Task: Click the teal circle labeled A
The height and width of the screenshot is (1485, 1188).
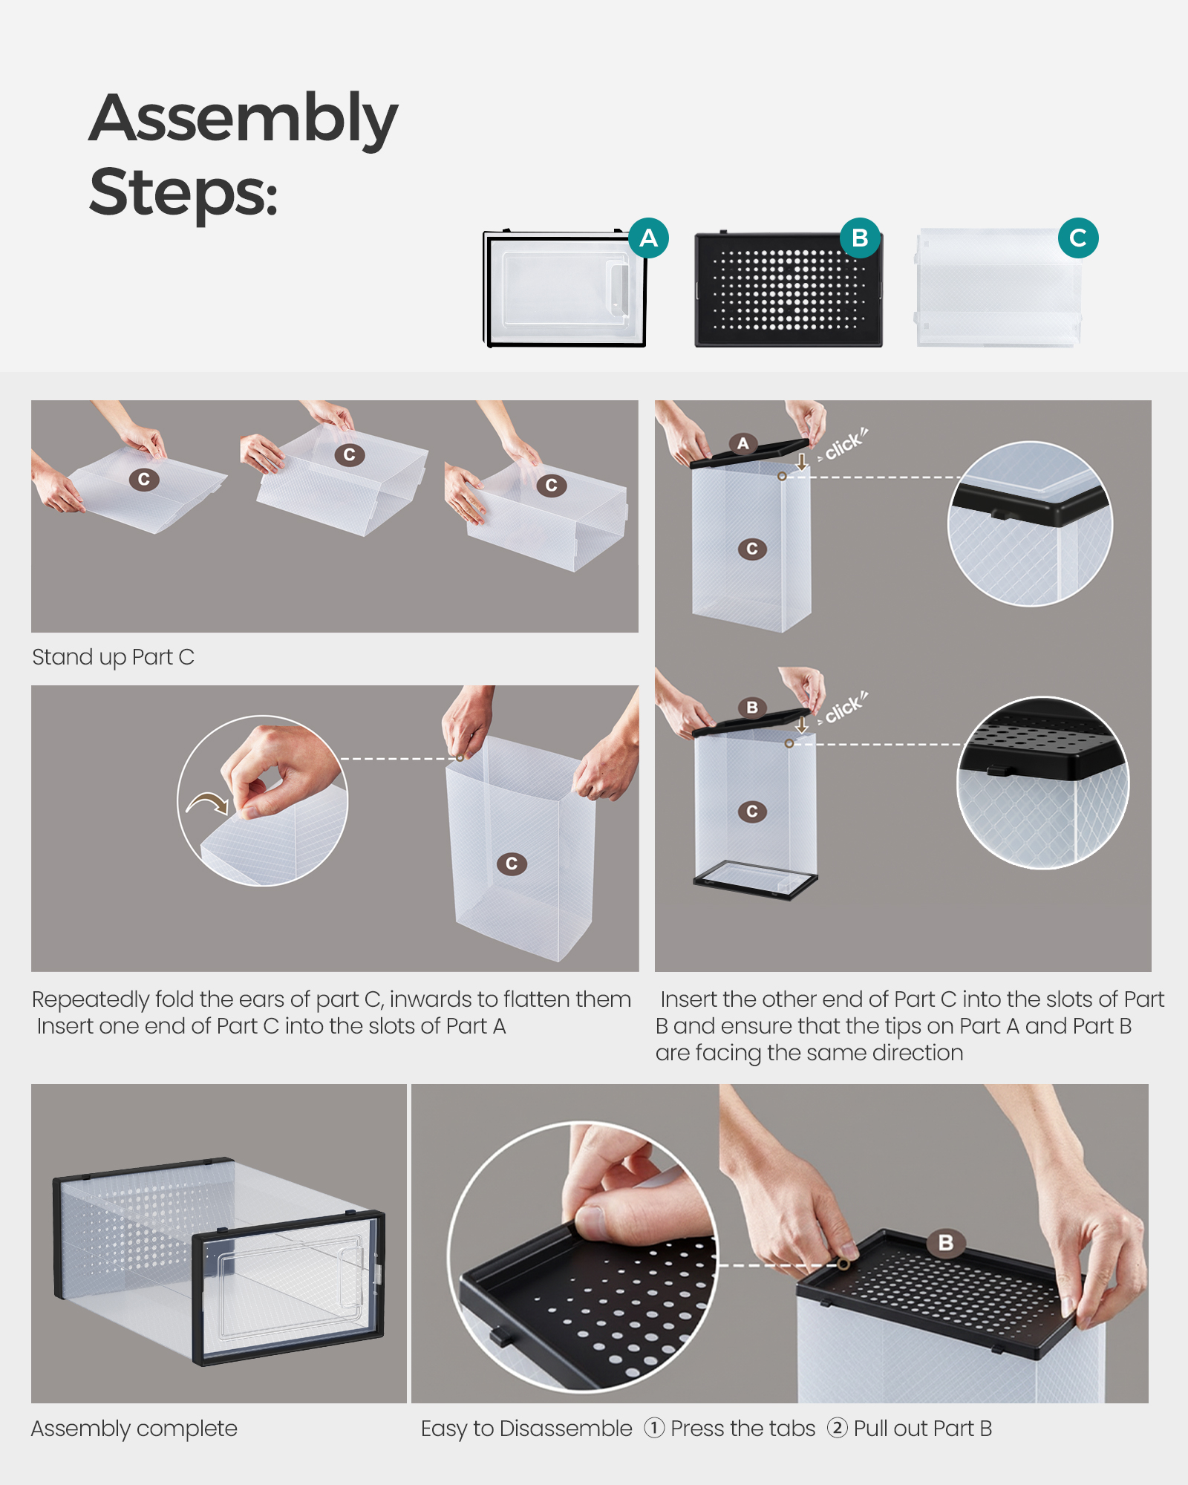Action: coord(648,238)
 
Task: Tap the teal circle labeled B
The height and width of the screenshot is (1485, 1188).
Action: coord(860,238)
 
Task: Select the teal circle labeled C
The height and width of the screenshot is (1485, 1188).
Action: coord(1078,238)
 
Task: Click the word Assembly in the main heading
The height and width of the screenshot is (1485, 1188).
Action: coord(244,119)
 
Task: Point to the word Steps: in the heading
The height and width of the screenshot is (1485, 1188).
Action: coord(183,192)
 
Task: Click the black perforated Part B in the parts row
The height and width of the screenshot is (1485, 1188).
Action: coord(789,289)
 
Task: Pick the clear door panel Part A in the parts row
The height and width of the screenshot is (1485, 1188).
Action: coord(565,288)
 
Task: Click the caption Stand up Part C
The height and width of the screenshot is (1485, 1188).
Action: coord(113,657)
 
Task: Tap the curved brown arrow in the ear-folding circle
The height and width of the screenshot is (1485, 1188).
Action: coord(208,803)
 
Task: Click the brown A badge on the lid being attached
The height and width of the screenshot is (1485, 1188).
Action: coord(743,444)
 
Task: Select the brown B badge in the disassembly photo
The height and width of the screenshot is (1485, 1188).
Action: coord(946,1242)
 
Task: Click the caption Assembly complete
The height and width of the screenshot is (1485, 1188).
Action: coord(134,1429)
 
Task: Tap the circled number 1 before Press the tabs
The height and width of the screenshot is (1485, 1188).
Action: coord(654,1428)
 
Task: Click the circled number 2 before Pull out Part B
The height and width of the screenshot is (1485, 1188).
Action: coord(837,1428)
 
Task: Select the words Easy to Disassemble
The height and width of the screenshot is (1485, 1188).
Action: coord(526,1429)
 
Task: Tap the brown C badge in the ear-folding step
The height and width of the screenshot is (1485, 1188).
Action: coord(512,864)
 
